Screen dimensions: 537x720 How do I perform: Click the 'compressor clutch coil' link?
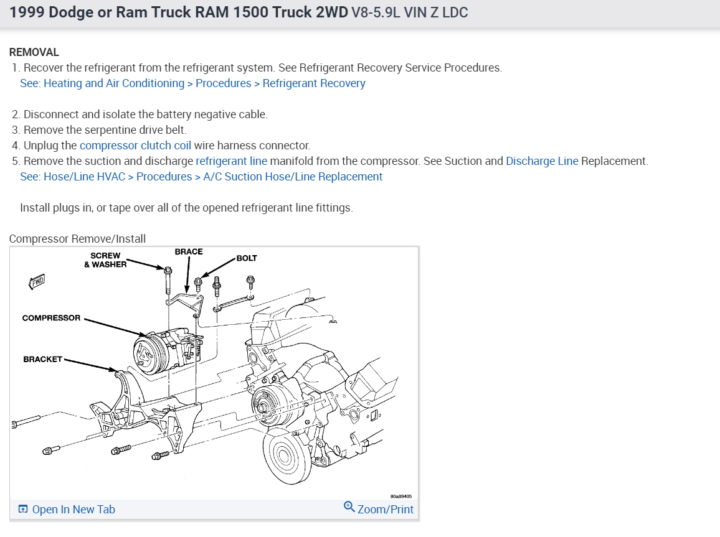[x=135, y=146]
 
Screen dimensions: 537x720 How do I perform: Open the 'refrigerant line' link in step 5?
[x=231, y=161]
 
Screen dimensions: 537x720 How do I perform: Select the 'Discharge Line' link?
[x=542, y=161]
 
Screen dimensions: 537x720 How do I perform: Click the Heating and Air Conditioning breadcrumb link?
[x=114, y=83]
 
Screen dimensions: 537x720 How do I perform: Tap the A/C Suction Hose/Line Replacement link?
[x=293, y=177]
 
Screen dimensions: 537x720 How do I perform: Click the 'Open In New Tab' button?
[x=67, y=510]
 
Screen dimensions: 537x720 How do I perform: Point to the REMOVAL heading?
[x=34, y=52]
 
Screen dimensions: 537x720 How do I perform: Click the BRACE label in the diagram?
[x=189, y=252]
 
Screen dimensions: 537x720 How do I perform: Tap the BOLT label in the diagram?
[x=247, y=258]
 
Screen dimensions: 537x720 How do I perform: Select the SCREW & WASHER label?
[x=105, y=260]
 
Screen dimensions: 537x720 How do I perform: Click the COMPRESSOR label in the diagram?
[x=51, y=318]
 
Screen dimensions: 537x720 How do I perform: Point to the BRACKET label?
[x=43, y=360]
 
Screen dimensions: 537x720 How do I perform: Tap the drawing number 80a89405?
[x=401, y=497]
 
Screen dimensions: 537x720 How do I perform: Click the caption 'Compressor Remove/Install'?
[x=77, y=239]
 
